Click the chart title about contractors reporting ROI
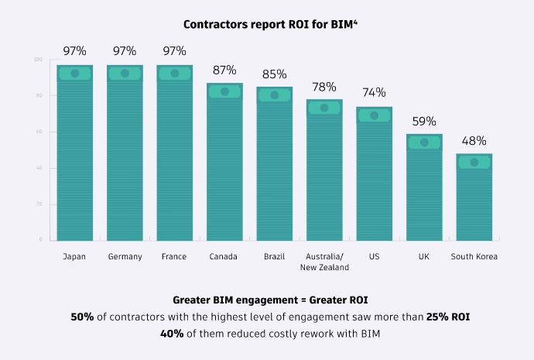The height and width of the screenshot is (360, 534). click(x=267, y=24)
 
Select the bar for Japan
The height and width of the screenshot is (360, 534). click(x=75, y=155)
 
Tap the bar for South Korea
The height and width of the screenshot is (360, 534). click(x=474, y=198)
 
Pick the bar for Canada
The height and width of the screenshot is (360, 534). click(x=224, y=163)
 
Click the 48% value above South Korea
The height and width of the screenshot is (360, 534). click(x=474, y=140)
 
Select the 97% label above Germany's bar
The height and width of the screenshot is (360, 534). click(x=125, y=51)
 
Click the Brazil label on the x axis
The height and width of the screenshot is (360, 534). click(x=274, y=256)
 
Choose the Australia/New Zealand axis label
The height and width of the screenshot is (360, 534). click(x=324, y=262)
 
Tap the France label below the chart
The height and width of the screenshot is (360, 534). click(x=174, y=256)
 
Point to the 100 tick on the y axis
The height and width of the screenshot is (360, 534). click(x=38, y=60)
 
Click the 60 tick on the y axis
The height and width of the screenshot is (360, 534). click(x=39, y=132)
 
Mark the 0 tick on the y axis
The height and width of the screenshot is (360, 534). click(x=41, y=240)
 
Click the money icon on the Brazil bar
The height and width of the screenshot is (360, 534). click(x=274, y=95)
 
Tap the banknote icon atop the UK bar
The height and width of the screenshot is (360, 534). click(x=424, y=142)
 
